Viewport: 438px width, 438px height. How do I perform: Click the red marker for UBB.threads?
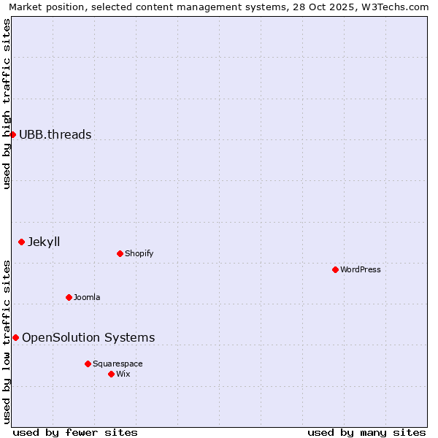pos(12,134)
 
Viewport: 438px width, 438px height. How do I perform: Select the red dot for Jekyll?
pos(21,242)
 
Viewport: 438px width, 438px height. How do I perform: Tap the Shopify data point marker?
pos(120,253)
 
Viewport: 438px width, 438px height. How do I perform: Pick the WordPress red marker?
pos(335,269)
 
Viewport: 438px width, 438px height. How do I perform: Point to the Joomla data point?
pos(69,297)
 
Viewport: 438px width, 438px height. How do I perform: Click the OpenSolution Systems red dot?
pos(15,337)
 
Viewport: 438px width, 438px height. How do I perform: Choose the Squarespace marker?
pos(88,364)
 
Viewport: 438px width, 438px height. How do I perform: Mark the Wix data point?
pos(111,374)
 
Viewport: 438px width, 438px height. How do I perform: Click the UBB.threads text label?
pos(55,134)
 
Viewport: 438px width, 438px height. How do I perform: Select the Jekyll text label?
pos(44,242)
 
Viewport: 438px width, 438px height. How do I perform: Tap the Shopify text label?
pos(139,253)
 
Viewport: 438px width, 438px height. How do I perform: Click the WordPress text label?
pos(361,269)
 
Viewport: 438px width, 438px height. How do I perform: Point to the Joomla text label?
pos(87,297)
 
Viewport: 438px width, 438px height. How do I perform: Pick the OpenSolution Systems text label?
pos(88,337)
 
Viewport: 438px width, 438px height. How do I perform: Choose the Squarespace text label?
pos(118,364)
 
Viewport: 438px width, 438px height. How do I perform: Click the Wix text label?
pos(123,374)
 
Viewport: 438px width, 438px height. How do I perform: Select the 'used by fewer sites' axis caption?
pos(75,432)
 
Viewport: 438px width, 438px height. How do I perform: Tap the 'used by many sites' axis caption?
pos(366,432)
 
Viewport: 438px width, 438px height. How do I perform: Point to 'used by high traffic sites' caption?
pos(7,104)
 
